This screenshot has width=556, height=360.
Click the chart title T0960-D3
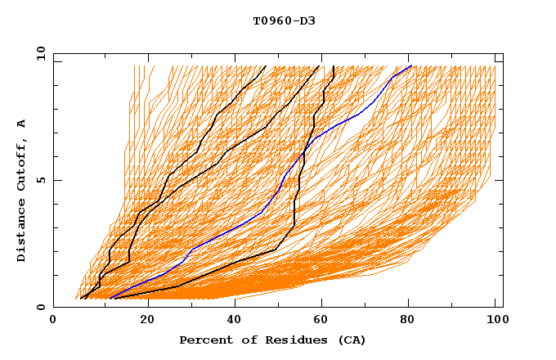click(x=284, y=20)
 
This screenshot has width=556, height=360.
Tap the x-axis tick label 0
click(x=53, y=321)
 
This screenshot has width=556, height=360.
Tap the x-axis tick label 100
click(x=495, y=321)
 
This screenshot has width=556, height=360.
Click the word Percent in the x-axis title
click(x=204, y=340)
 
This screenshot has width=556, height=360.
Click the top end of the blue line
click(x=411, y=66)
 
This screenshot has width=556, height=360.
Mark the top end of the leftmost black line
click(x=265, y=66)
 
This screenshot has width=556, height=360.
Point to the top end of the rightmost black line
click(x=334, y=66)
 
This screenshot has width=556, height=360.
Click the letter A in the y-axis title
click(x=22, y=123)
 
